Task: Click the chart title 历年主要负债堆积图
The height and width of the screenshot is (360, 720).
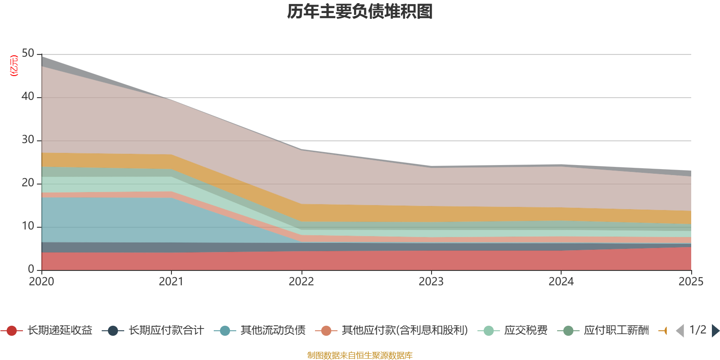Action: [360, 12]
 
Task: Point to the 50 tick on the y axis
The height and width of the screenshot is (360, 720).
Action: [28, 54]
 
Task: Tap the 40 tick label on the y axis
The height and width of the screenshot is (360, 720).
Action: [28, 97]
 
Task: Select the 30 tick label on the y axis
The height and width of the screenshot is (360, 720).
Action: [28, 140]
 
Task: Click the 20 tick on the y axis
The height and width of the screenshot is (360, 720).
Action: [28, 183]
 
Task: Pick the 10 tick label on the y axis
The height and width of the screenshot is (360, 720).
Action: [28, 226]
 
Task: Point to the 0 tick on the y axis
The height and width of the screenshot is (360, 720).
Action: [31, 270]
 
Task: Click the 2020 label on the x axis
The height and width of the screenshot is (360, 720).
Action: [41, 282]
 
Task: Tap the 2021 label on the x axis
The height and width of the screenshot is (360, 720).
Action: [171, 282]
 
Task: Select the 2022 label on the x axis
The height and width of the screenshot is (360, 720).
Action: [301, 282]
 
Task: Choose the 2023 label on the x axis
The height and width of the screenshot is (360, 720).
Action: [431, 282]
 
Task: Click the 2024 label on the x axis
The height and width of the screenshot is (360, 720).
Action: [561, 282]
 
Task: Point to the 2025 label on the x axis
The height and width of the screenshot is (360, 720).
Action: [690, 282]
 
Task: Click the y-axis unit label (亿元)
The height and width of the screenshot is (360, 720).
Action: [14, 66]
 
